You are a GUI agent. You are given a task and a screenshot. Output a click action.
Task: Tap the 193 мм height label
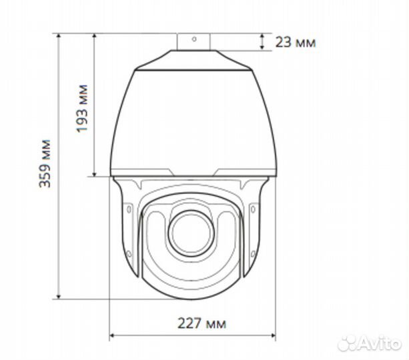coord(83,107)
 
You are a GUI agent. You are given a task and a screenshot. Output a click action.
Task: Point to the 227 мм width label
coord(201,324)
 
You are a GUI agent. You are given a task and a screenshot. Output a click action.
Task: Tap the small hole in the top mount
coord(194,39)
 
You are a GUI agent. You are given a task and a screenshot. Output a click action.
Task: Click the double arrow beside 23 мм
coord(262,41)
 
